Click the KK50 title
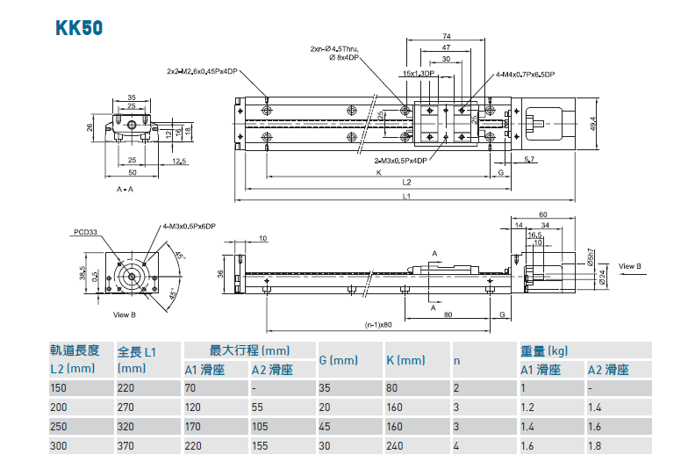pos(79,27)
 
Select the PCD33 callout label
pos(85,233)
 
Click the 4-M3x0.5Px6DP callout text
pos(189,226)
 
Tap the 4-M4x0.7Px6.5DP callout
pos(526,76)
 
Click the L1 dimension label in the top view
pos(406,198)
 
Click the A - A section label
pos(125,189)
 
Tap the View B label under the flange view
pos(125,314)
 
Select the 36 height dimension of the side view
pos(220,273)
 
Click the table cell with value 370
pos(127,446)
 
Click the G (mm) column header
pos(339,360)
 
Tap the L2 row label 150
pos(60,388)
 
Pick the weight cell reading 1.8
pos(596,446)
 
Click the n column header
pos(457,360)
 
